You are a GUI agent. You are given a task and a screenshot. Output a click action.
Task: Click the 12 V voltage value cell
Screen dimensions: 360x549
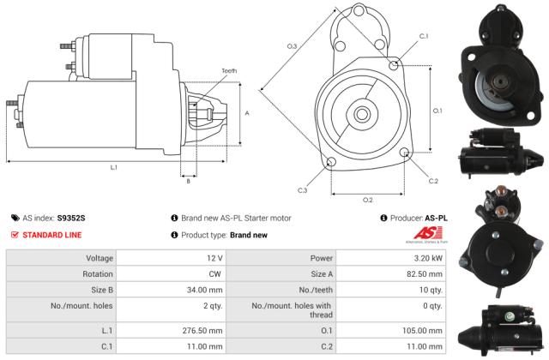214,258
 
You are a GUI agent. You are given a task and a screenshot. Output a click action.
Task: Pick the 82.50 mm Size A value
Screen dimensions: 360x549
425,273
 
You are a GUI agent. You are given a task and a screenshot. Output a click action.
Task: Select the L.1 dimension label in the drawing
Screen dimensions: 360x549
113,167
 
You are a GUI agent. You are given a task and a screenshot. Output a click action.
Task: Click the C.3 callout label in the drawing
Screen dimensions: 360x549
303,189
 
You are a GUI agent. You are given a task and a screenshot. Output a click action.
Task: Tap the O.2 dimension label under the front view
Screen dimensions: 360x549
367,200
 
